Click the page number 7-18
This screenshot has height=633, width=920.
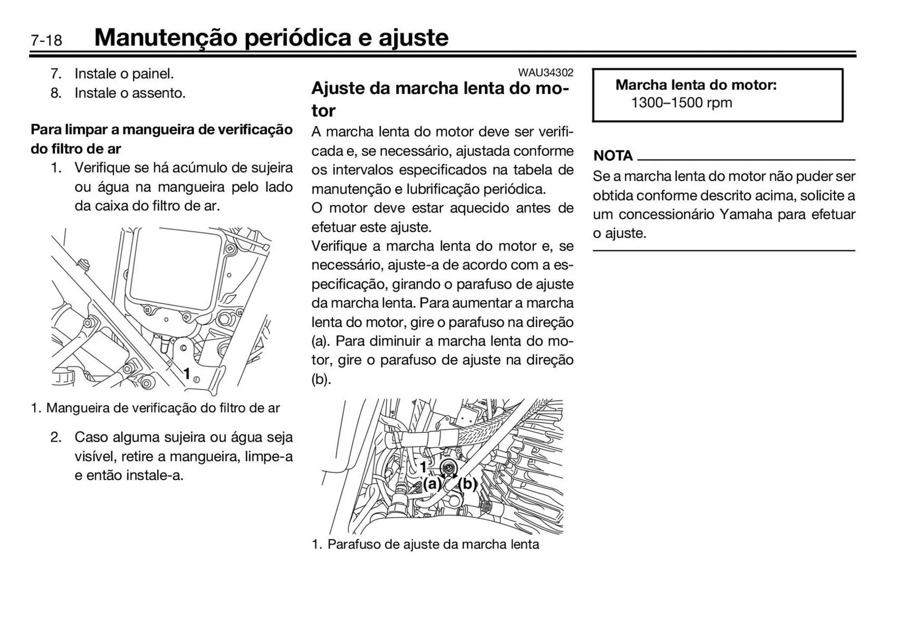coord(46,40)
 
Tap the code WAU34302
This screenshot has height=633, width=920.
coord(545,73)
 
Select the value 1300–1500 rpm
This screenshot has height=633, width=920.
coord(681,103)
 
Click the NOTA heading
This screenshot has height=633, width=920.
coord(613,156)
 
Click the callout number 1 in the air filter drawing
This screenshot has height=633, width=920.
coord(187,373)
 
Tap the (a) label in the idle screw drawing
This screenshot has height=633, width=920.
coord(432,484)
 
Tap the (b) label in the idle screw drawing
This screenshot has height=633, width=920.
coord(468,484)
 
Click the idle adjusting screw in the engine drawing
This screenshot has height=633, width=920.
coord(449,468)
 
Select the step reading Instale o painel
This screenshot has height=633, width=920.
coord(124,74)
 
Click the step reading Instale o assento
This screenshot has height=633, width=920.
coord(129,93)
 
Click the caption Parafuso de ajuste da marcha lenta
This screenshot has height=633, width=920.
coord(433,544)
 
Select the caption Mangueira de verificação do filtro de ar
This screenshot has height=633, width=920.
coord(163,408)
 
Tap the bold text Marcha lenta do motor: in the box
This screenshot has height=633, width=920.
coord(696,85)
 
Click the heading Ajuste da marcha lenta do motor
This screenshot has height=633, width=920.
coord(440,99)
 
